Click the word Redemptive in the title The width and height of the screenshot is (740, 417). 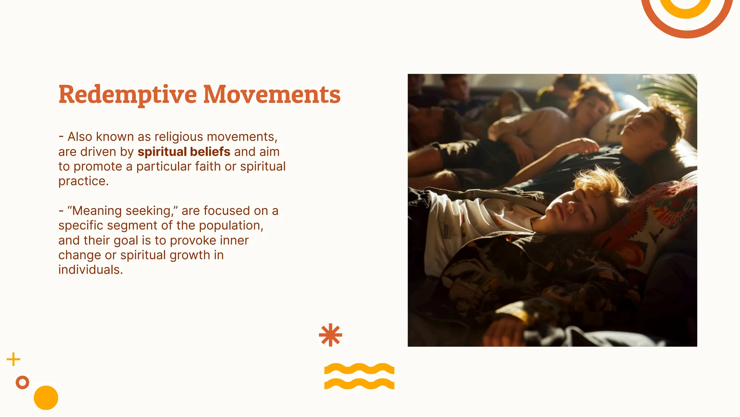click(x=128, y=95)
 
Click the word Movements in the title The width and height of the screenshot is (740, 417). click(x=272, y=95)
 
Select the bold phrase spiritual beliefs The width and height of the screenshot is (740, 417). click(x=184, y=152)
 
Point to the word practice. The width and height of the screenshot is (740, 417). click(x=83, y=181)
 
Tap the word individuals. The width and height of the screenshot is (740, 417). click(x=90, y=270)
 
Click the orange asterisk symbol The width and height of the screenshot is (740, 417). click(x=330, y=335)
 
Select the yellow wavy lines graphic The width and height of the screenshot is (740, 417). click(x=359, y=376)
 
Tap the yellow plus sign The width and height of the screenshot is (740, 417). click(x=13, y=359)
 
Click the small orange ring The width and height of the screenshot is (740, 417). click(x=22, y=382)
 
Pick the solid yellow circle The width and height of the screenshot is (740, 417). click(x=46, y=397)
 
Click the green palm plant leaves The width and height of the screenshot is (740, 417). click(x=679, y=90)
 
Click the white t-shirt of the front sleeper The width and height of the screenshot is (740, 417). click(x=466, y=224)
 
